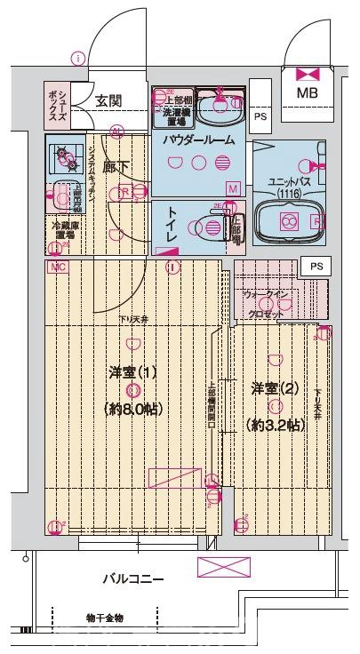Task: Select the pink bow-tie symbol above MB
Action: pyautogui.click(x=308, y=75)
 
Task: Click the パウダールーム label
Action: pyautogui.click(x=198, y=140)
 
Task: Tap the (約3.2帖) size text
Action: pyautogui.click(x=276, y=426)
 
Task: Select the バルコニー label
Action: pyautogui.click(x=132, y=579)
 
